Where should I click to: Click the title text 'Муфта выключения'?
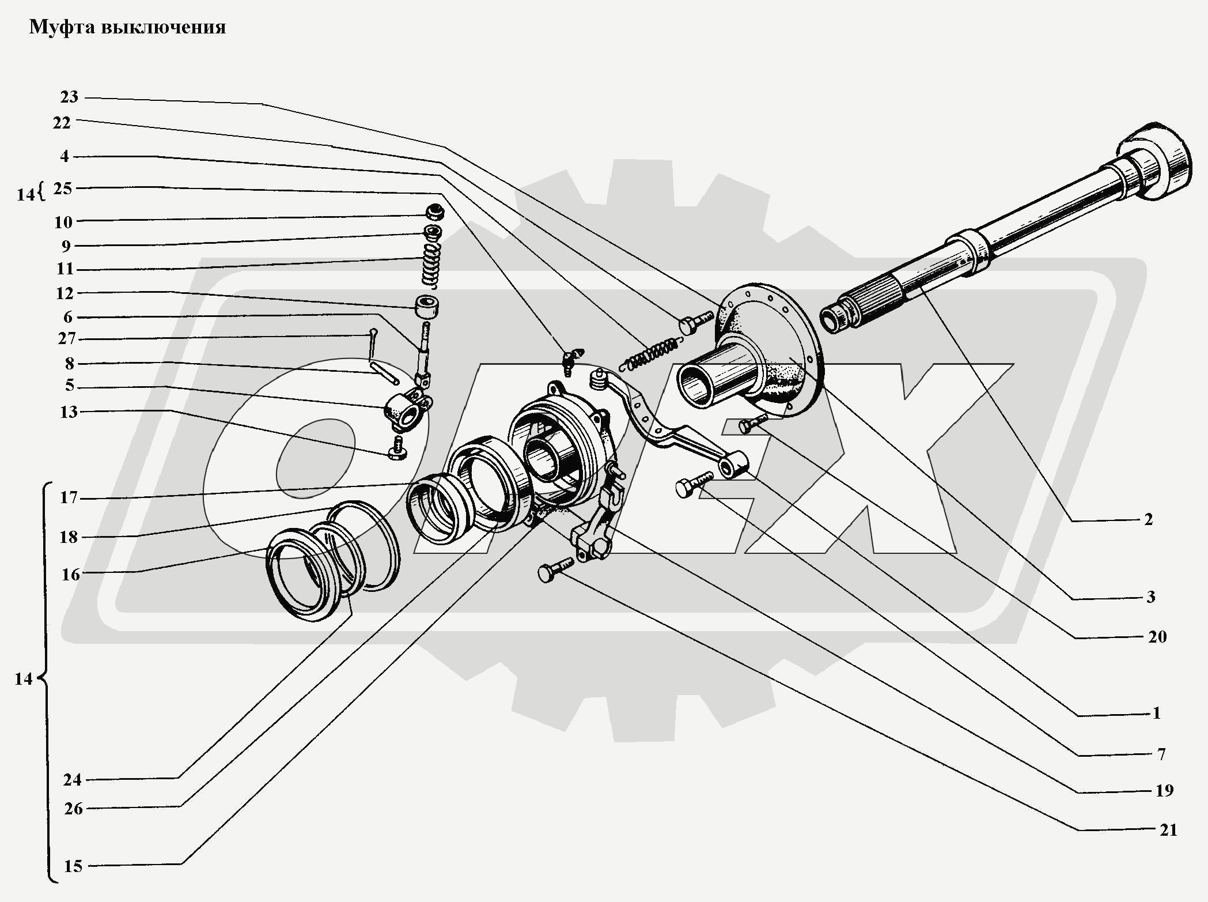coord(127,27)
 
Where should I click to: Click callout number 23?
coord(69,97)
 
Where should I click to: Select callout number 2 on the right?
coord(1148,519)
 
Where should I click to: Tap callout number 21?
coord(1168,830)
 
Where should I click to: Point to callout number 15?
coord(73,866)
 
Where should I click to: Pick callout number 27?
coord(67,338)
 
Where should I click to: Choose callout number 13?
coord(69,412)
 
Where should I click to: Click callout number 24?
coord(73,780)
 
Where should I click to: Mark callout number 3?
coord(1150,597)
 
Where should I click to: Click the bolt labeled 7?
coord(693,485)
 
